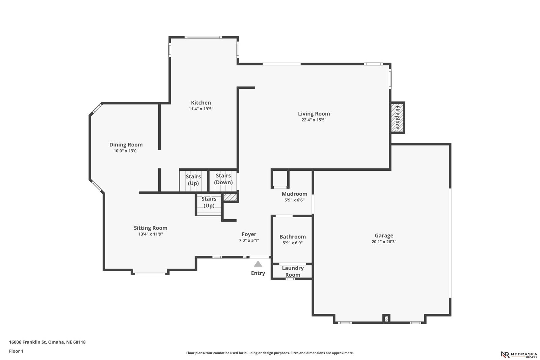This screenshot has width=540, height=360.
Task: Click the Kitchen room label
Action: point(201,103)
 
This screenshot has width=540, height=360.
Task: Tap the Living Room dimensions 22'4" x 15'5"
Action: point(314,120)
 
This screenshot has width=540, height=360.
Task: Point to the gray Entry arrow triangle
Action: point(258,264)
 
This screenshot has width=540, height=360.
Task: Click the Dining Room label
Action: point(126,145)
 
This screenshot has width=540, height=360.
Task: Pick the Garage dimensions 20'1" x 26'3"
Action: point(384,242)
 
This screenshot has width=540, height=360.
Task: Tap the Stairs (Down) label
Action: point(223,179)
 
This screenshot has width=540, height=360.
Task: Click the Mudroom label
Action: point(295,194)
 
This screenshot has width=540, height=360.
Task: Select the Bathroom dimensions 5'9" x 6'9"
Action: point(293,243)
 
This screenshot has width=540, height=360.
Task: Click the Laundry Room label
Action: point(293,271)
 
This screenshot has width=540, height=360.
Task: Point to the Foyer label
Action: point(249,234)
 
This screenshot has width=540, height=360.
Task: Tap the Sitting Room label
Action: point(151,228)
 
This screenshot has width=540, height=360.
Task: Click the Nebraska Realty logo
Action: point(519,355)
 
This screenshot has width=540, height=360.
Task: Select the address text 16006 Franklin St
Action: point(27,342)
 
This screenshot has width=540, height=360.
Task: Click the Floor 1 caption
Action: point(16,351)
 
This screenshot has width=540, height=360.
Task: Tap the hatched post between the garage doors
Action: point(386,319)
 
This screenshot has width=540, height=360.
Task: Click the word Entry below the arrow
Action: point(258,273)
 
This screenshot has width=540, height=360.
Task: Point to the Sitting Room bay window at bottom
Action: point(150,274)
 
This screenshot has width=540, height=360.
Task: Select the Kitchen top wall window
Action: point(203,37)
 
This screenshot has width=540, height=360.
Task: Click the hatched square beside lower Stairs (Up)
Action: point(230,197)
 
